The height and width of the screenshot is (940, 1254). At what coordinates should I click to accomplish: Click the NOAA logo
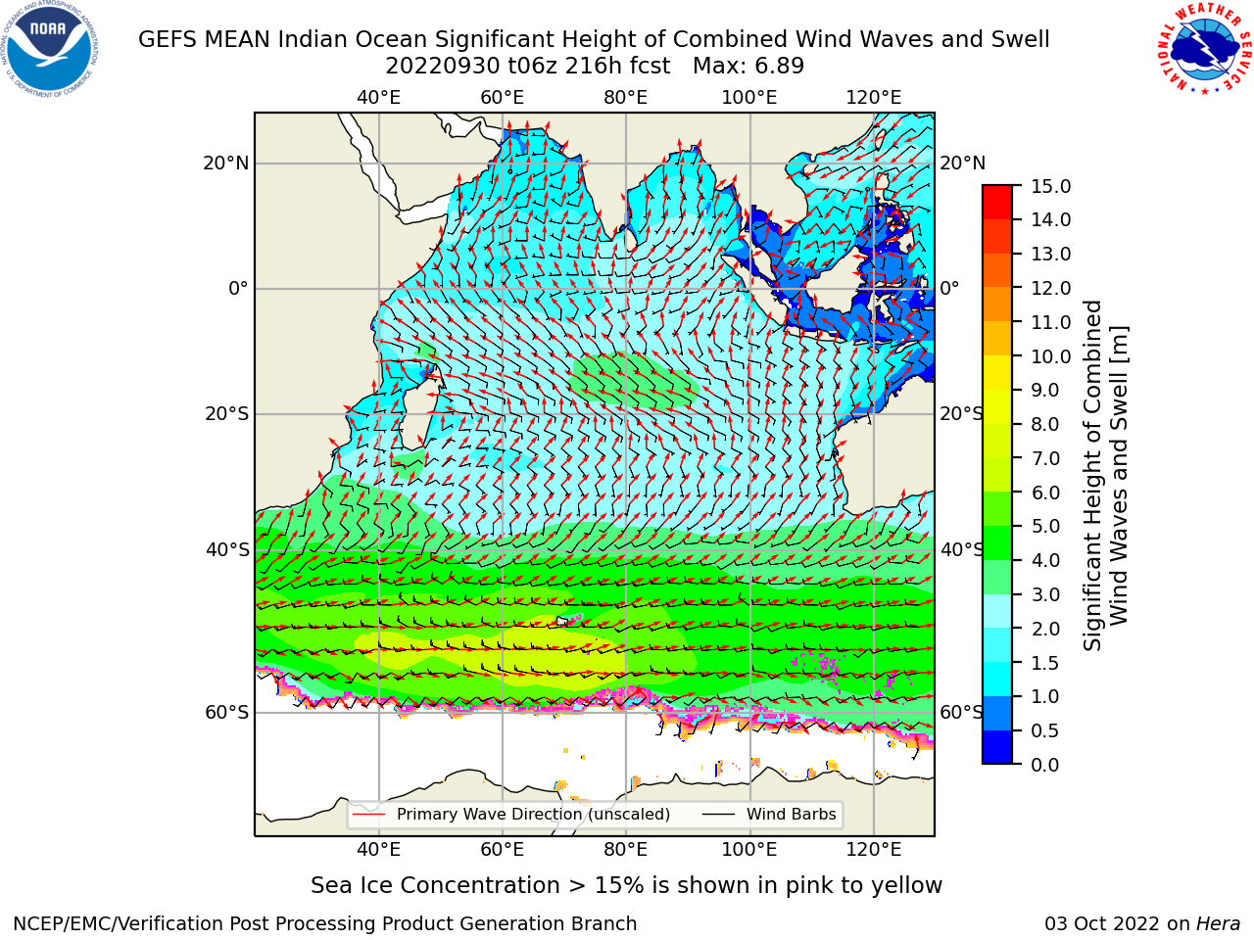[x=49, y=50]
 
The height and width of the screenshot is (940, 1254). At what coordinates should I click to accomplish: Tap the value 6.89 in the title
[x=778, y=67]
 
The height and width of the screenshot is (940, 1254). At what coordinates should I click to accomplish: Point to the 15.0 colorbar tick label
[x=1050, y=186]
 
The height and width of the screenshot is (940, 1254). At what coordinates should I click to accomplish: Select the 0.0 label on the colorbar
[x=1044, y=764]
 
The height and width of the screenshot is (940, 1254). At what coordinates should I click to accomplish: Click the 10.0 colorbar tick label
[x=1050, y=356]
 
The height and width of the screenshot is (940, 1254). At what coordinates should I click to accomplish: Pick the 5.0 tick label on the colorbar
[x=1044, y=526]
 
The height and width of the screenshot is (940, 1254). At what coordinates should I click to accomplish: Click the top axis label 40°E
[x=378, y=98]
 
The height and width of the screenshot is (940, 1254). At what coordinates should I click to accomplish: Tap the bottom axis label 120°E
[x=873, y=849]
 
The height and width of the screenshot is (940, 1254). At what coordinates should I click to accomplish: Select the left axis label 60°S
[x=227, y=712]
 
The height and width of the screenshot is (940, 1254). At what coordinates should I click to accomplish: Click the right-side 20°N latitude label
[x=962, y=164]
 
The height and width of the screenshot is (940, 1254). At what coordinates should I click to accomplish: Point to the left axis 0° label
[x=238, y=288]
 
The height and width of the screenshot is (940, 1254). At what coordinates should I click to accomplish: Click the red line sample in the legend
[x=369, y=814]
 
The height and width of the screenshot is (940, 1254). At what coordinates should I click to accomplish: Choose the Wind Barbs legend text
[x=791, y=814]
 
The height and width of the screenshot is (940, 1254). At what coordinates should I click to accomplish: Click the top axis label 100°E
[x=749, y=98]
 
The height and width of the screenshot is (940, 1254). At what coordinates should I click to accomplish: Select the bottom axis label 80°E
[x=626, y=849]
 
